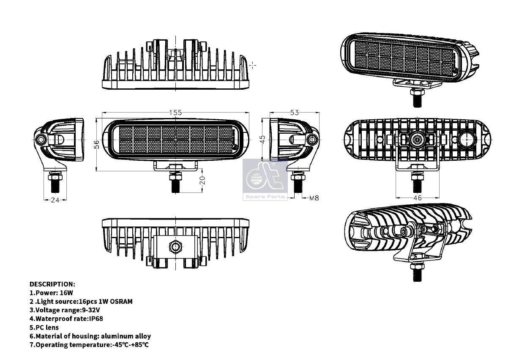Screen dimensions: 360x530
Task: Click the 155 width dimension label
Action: (175, 113)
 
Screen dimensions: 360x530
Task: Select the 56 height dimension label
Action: (97, 144)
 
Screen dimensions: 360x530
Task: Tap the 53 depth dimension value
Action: (295, 113)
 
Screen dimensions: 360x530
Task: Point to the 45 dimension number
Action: (262, 139)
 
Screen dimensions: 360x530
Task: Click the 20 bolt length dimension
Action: (202, 181)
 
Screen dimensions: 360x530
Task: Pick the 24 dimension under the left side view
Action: (55, 200)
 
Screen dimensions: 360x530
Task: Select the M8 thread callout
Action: (314, 198)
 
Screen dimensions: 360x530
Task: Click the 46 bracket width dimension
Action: (417, 198)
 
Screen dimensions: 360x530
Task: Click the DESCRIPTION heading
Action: (52, 284)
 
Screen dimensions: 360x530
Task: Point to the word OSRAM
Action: (121, 302)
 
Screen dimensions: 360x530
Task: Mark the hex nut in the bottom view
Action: (175, 245)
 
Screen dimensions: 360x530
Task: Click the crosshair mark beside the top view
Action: (253, 65)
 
